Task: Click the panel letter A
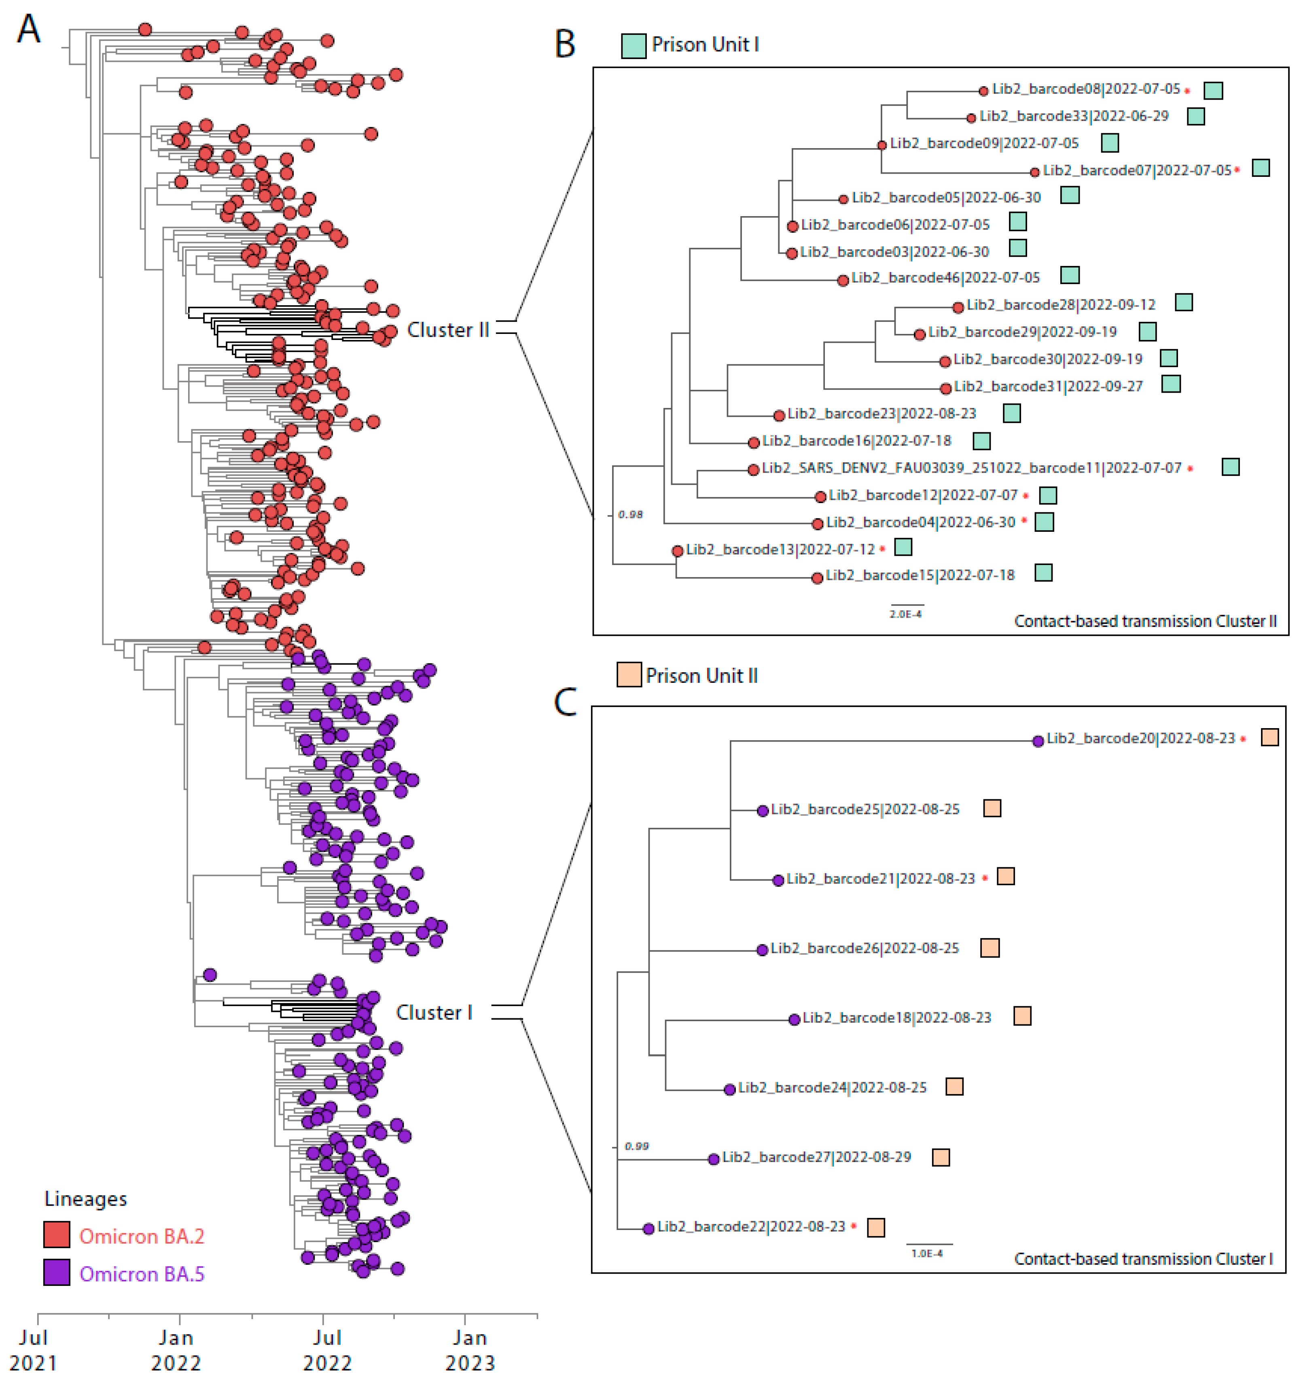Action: [28, 30]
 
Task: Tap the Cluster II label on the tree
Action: [448, 330]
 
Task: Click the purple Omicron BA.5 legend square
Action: [56, 1273]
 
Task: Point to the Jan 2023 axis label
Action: [470, 1349]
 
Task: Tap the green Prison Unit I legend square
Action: [633, 46]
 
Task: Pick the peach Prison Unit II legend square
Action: [629, 675]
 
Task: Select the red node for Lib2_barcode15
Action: [818, 578]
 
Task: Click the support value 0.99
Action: [636, 1147]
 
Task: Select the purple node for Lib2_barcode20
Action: [1038, 741]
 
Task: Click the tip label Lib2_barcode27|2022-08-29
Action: [816, 1157]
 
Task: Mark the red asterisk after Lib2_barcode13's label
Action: [882, 549]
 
